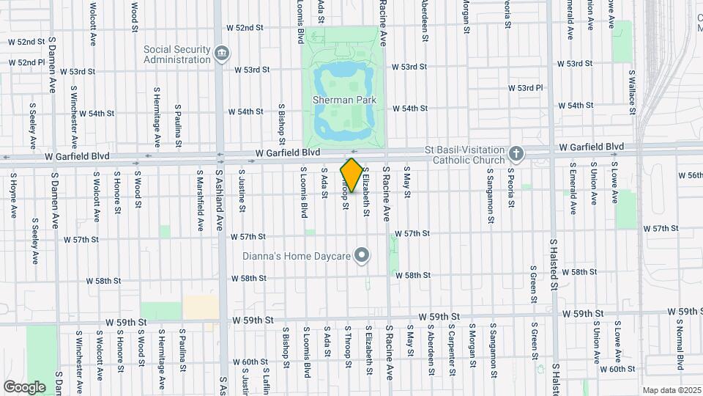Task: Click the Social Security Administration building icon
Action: point(221,53)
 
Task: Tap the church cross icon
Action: point(516,154)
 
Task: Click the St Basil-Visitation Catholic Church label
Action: point(465,154)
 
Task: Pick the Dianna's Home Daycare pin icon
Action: point(361,256)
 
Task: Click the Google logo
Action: point(24,386)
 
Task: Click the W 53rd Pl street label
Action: point(530,88)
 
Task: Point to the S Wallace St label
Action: point(631,93)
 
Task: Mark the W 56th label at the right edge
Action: point(690,176)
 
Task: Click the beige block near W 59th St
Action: point(201,307)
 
